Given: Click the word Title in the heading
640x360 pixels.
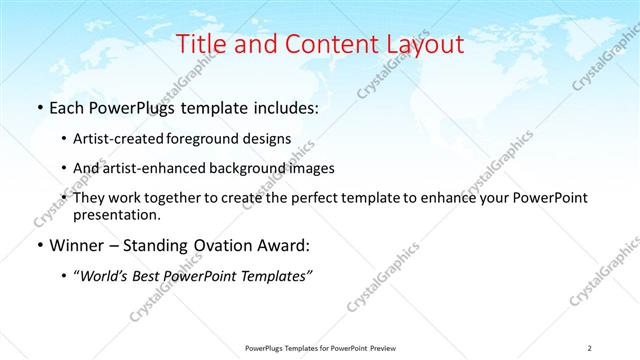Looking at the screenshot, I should pyautogui.click(x=200, y=44).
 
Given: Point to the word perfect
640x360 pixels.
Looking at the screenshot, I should pyautogui.click(x=313, y=198).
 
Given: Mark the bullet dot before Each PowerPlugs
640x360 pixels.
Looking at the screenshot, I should pyautogui.click(x=38, y=108).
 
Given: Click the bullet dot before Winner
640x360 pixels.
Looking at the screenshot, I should pyautogui.click(x=38, y=245).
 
